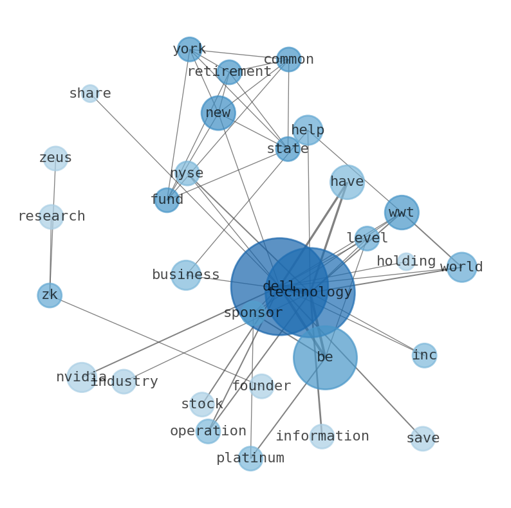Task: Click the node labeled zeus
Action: point(56,158)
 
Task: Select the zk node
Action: point(50,295)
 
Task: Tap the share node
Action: point(90,93)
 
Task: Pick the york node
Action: point(189,49)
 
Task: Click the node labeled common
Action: point(289,59)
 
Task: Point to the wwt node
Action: point(402,213)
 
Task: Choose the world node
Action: point(461,267)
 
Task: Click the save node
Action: point(423,439)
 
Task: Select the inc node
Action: point(424,355)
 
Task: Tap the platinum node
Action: point(250,458)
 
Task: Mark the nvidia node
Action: point(82,377)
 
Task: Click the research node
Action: point(51,217)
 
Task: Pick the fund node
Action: point(167,200)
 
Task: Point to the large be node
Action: point(325,358)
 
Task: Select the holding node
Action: point(406,262)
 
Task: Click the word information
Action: point(322,436)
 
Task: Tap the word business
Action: point(186,275)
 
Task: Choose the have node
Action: point(347,182)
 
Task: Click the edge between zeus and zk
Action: point(53,226)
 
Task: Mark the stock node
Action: point(202,404)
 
